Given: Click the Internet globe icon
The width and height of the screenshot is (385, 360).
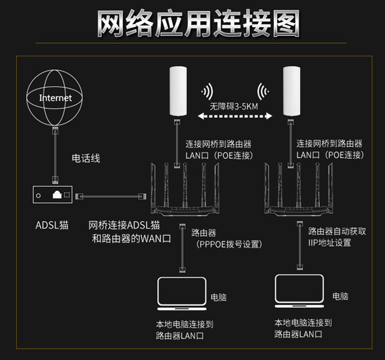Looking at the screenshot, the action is pos(54,97).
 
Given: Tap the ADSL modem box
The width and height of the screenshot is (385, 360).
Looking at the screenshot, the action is pos(53,194).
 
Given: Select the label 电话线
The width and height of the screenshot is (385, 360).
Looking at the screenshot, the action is pos(86,158).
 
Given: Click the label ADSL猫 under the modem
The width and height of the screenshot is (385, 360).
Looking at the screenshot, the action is pos(52,225).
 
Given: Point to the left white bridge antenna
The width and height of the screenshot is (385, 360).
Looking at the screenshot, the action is pos(178,91).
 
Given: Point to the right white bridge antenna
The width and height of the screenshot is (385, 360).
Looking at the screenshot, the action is pos(291,91).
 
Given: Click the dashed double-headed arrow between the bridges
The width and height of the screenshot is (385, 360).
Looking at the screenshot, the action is pos(235,116).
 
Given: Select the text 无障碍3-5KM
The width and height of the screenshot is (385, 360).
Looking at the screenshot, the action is pos(234,107).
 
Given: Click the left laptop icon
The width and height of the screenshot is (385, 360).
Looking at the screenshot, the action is pos(182,293).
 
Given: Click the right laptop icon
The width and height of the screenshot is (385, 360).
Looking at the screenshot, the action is pos(299,291).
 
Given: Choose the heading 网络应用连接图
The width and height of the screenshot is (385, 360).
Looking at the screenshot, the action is pos(198,23).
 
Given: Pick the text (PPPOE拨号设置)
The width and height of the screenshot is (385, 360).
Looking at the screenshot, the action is pos(229,245).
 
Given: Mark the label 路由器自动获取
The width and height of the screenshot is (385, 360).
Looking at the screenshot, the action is pos(337,231).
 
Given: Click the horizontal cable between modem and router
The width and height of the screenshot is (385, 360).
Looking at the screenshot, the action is pos(111,196).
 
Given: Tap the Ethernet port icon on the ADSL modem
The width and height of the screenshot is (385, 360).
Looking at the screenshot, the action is pos(57,194).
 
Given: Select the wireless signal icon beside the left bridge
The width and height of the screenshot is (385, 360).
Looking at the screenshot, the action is pos(207,92).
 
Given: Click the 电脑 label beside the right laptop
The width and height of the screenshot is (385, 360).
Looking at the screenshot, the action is pos(340,296).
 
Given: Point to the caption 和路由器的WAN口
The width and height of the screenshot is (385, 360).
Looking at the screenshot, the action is pos(132,238).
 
